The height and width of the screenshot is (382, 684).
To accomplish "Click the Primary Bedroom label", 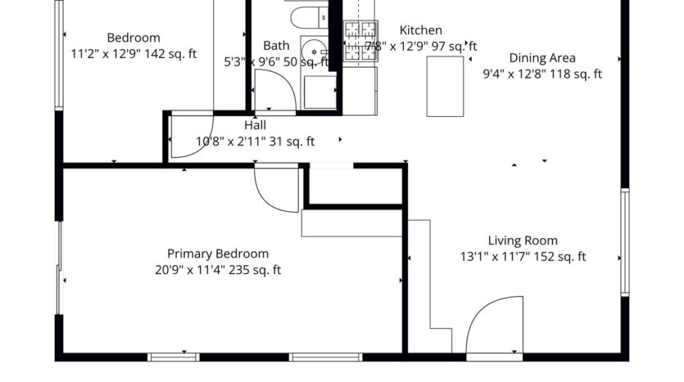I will (x=218, y=254).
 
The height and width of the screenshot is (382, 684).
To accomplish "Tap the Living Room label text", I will (x=523, y=240).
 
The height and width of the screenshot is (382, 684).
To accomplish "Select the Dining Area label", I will (x=542, y=58).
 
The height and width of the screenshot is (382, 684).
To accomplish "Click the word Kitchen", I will (x=420, y=30).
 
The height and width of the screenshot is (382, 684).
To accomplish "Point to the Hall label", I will (x=255, y=125).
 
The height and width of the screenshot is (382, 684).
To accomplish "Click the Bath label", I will (x=276, y=46).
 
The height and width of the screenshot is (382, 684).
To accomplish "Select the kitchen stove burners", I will (x=360, y=41).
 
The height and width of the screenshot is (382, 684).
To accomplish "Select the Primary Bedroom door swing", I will (x=275, y=188).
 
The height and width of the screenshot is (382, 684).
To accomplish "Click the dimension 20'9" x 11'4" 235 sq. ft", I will (x=218, y=270).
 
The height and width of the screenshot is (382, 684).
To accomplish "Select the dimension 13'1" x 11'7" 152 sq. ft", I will (x=523, y=257).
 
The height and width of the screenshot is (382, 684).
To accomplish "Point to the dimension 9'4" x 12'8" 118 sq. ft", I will (x=542, y=74).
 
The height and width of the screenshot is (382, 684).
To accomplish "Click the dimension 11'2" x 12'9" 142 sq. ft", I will (x=134, y=55).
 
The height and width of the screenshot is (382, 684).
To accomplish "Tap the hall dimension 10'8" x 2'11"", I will (x=255, y=142).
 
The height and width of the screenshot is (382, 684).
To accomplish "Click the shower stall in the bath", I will (x=319, y=90).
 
